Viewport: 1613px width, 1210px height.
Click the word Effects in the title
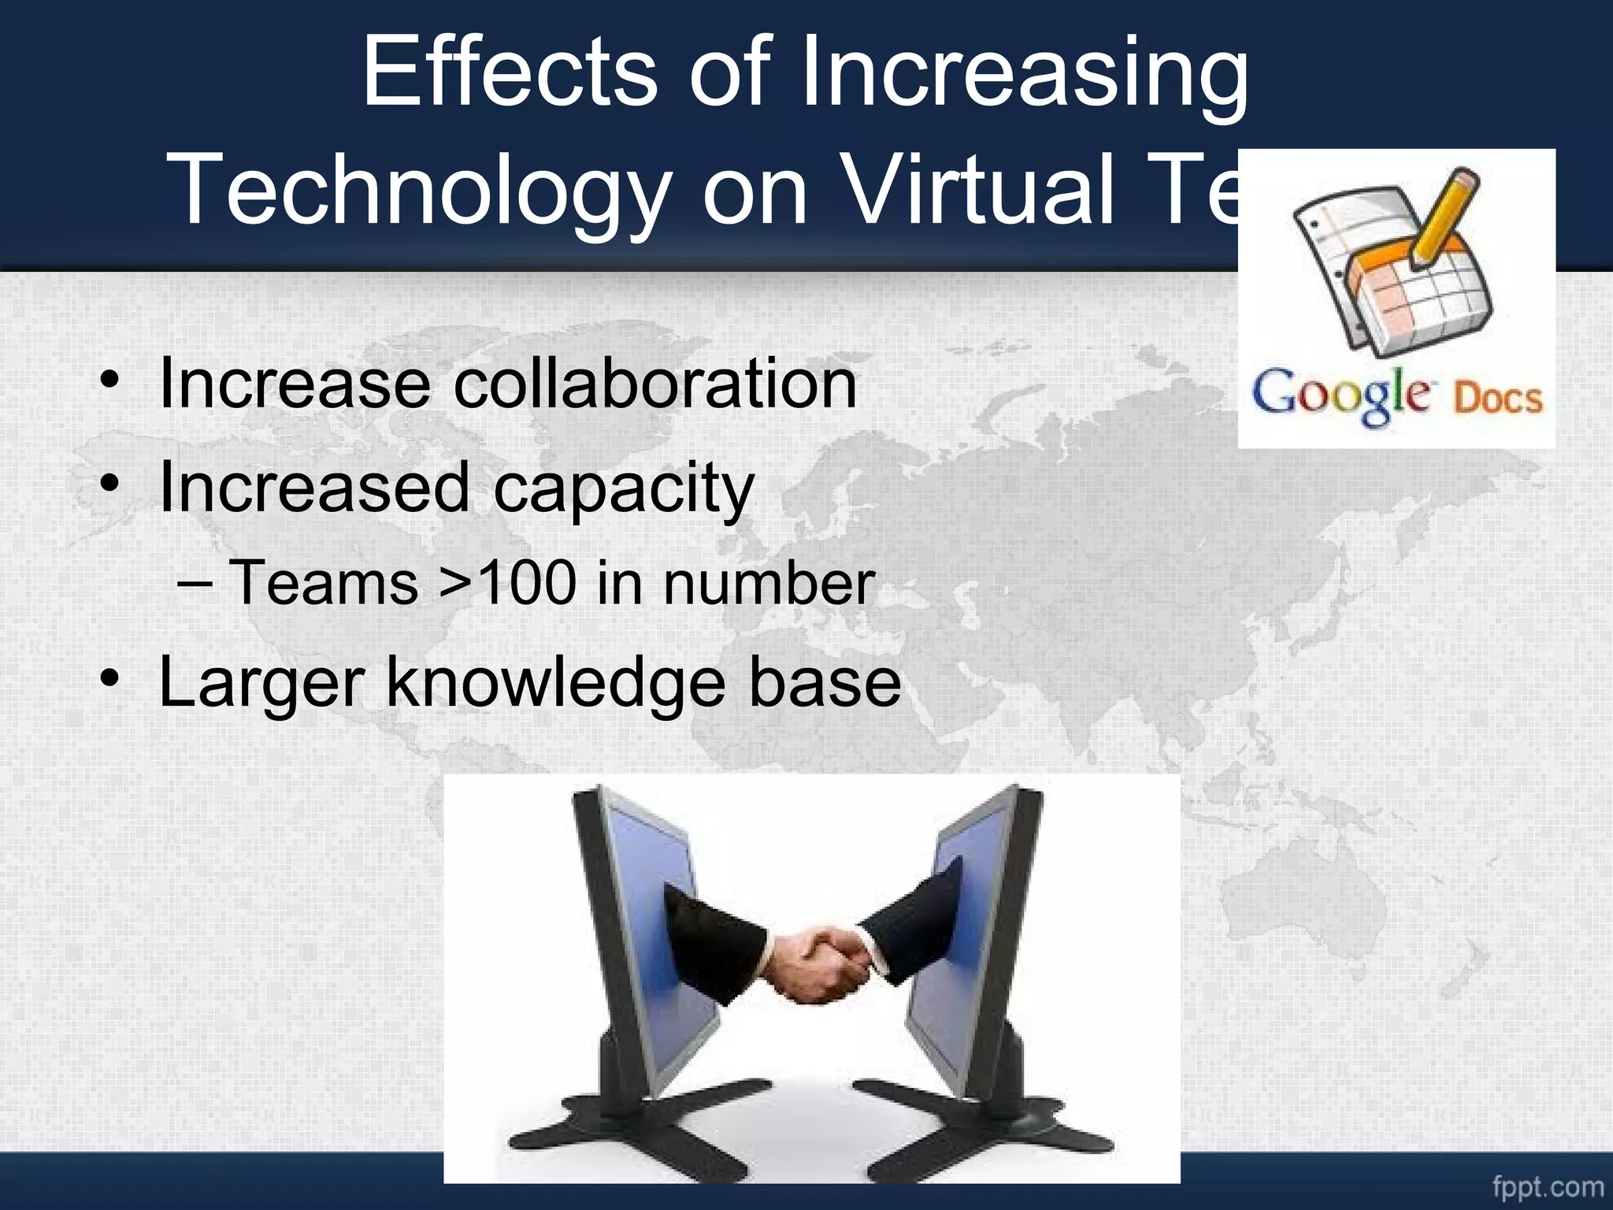tap(509, 72)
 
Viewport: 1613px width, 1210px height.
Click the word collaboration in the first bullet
tap(655, 384)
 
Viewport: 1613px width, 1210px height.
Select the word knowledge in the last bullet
tap(555, 682)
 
